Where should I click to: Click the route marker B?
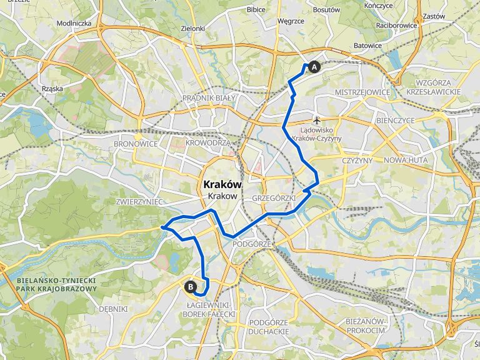(190, 287)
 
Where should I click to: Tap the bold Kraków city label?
(221, 184)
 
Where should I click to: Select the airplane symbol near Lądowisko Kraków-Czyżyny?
(317, 119)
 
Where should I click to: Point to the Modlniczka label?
(74, 23)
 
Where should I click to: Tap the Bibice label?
(256, 9)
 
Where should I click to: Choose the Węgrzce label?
(291, 20)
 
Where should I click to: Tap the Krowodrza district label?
(207, 142)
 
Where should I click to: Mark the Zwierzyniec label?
(139, 202)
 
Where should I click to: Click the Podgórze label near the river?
(251, 244)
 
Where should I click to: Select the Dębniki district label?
(113, 309)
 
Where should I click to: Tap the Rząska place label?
(52, 89)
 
